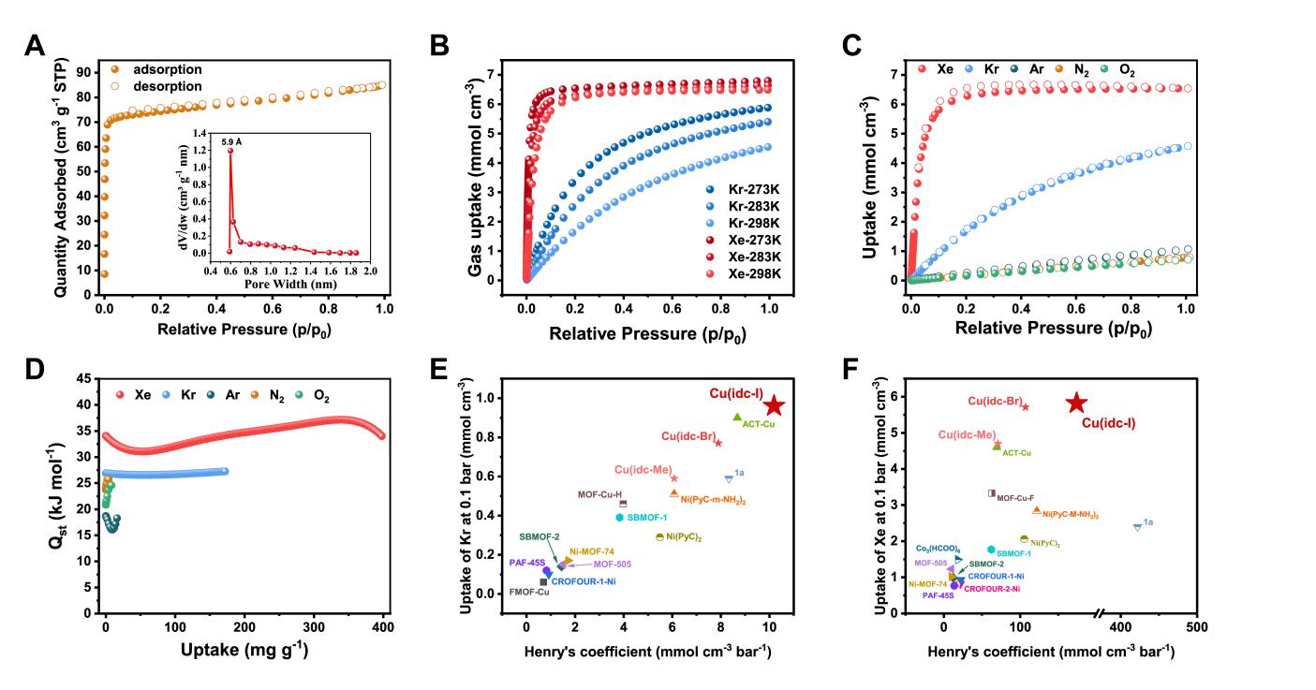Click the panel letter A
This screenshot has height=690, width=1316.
tap(35, 46)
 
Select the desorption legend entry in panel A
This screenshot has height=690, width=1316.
tap(166, 85)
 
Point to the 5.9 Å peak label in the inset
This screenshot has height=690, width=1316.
tap(230, 141)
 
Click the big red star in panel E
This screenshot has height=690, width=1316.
tap(774, 406)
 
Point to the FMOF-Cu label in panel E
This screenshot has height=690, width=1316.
tap(529, 592)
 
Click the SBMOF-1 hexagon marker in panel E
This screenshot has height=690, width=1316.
tap(620, 517)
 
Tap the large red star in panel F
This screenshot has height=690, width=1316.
tap(1076, 403)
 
